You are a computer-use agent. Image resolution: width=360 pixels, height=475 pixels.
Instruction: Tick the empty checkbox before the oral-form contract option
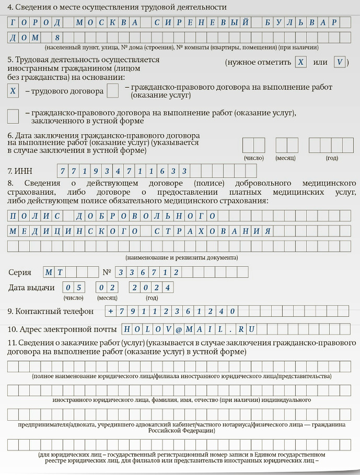tap(14, 115)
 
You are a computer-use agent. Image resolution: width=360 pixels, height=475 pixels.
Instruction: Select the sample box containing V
tap(339, 62)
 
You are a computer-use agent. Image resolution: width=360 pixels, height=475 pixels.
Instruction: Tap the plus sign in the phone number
tap(110, 311)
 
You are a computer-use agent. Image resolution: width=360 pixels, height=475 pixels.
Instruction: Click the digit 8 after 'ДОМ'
tap(57, 38)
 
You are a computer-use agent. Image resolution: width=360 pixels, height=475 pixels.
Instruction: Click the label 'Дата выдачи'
tap(31, 288)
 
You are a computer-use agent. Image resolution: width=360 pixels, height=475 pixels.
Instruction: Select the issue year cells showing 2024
tap(152, 288)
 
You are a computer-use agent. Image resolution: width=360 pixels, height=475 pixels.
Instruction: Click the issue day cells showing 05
tap(74, 288)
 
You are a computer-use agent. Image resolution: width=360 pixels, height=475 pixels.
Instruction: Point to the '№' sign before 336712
tap(107, 272)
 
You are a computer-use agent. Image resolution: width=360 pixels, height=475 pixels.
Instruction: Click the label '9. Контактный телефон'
tap(51, 311)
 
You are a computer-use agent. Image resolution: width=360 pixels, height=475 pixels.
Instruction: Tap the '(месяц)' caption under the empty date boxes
tap(286, 158)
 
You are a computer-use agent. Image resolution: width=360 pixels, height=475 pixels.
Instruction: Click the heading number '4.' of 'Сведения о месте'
tap(10, 7)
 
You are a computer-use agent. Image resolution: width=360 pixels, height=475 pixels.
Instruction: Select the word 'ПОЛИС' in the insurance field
tap(34, 216)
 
